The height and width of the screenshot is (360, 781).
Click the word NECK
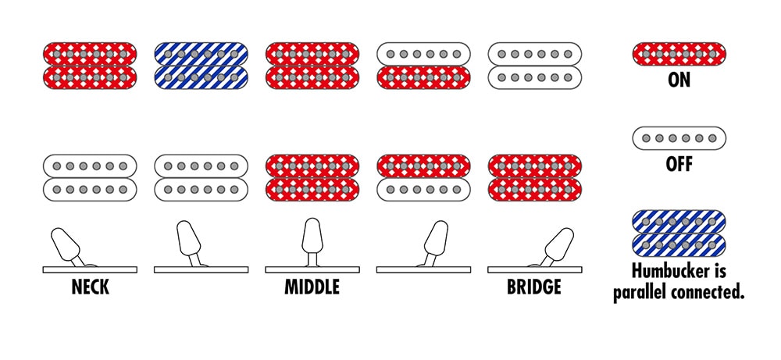[x=90, y=287]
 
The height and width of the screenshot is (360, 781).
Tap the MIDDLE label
[x=312, y=287]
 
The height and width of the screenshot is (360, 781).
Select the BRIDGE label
[x=534, y=287]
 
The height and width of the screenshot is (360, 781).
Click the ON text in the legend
[x=679, y=80]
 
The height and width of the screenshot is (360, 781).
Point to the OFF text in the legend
[x=679, y=164]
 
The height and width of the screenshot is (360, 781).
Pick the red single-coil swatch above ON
[x=679, y=54]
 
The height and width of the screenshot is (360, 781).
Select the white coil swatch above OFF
[x=679, y=138]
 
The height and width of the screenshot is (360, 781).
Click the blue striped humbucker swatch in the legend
[x=679, y=233]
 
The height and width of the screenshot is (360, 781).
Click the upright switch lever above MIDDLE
[x=312, y=241]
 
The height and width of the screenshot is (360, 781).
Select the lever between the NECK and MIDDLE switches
[x=190, y=243]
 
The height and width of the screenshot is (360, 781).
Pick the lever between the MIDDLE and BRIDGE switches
[x=434, y=243]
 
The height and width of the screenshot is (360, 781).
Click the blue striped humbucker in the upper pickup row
[x=201, y=66]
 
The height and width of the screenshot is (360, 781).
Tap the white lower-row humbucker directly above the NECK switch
[x=90, y=178]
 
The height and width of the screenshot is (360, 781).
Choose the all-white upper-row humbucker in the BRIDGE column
[x=535, y=66]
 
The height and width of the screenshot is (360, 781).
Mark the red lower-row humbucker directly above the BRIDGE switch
[x=535, y=178]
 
